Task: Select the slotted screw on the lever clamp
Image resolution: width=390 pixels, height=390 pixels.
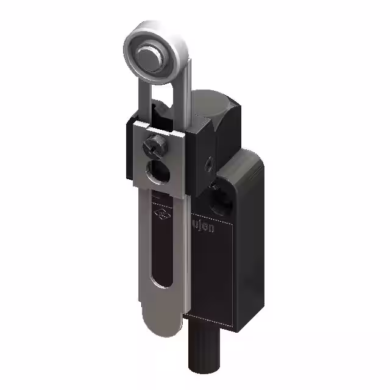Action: [152, 147]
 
